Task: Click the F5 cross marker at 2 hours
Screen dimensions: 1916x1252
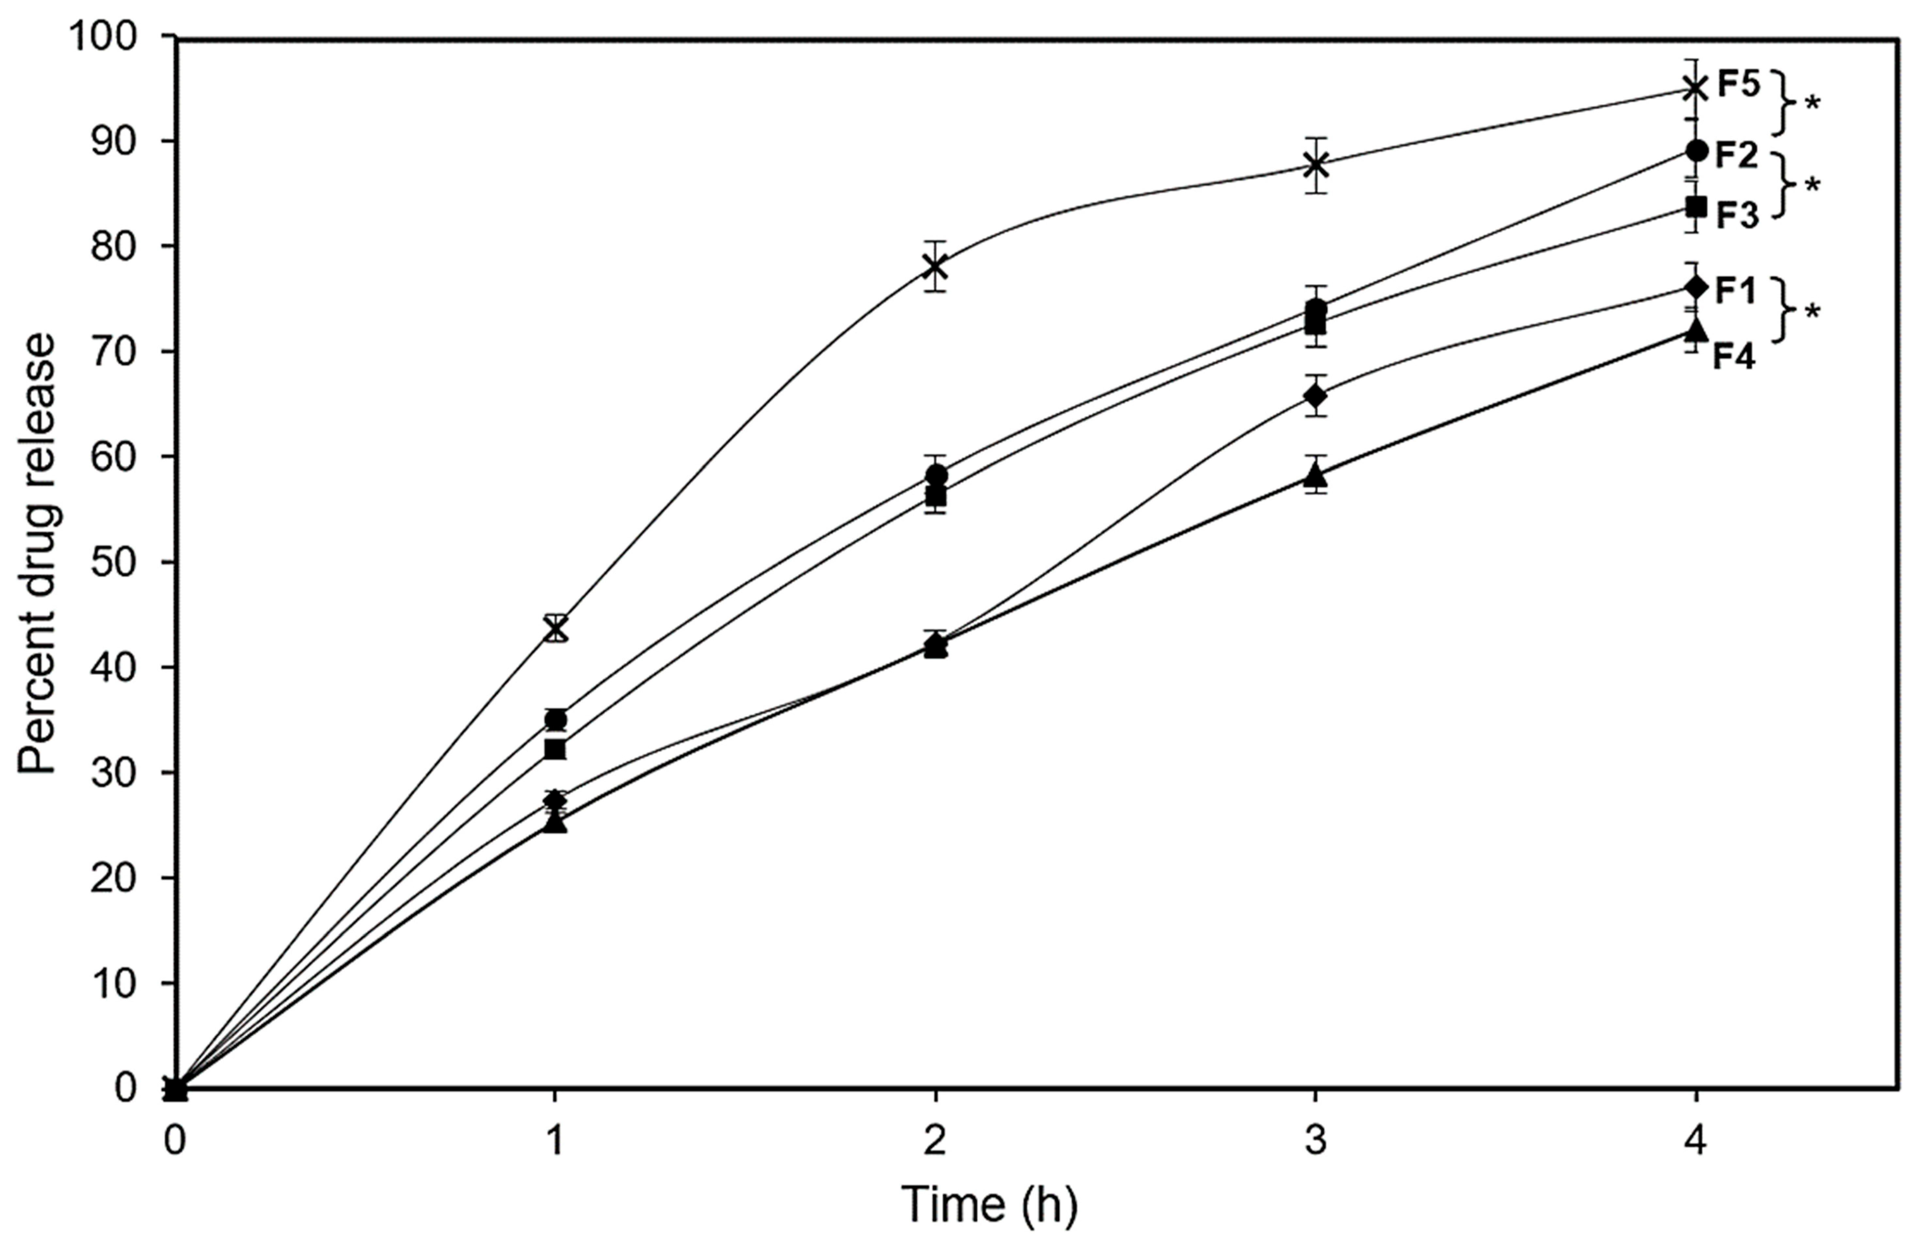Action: [935, 266]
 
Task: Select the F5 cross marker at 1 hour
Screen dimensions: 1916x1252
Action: [555, 628]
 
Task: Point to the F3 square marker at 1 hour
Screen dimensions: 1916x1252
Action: [555, 749]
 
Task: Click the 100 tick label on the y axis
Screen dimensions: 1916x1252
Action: [114, 37]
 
